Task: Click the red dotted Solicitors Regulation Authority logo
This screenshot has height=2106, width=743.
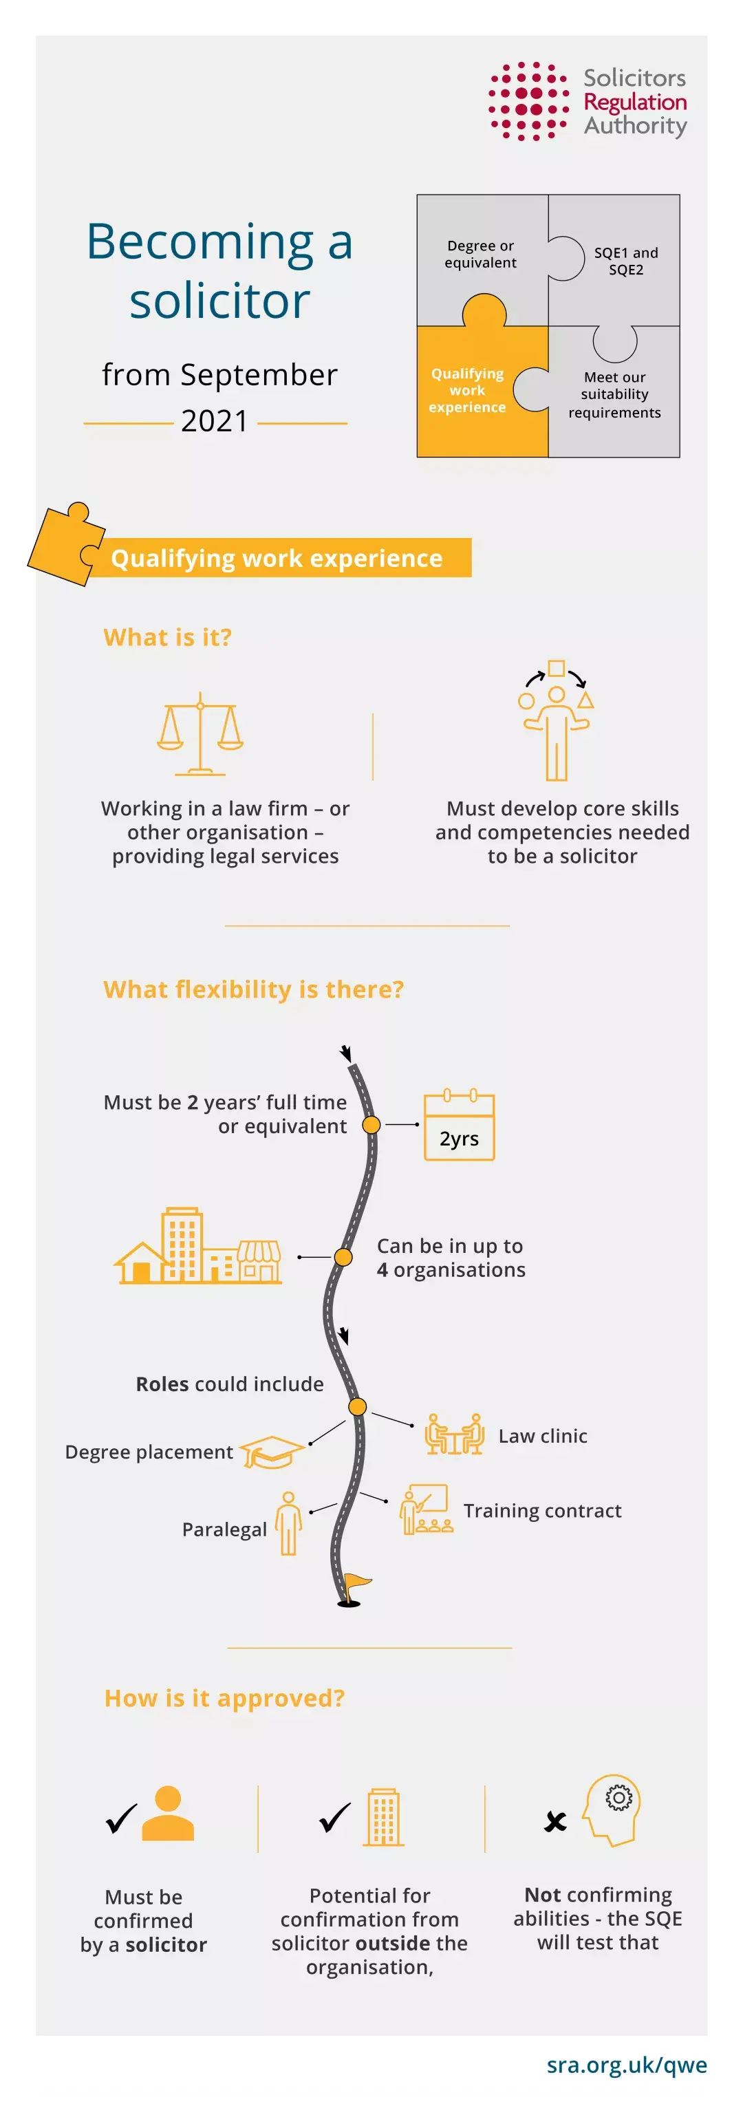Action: point(528,101)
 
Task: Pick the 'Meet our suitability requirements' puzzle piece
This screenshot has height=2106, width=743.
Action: point(614,395)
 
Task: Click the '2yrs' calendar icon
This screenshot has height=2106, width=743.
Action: point(460,1126)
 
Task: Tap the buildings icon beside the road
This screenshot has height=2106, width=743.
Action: point(199,1246)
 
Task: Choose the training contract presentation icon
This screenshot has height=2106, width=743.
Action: point(426,1509)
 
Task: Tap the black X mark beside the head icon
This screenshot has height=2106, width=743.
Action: point(555,1820)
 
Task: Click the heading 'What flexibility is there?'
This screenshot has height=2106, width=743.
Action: point(253,989)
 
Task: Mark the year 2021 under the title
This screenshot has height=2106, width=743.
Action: point(214,421)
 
